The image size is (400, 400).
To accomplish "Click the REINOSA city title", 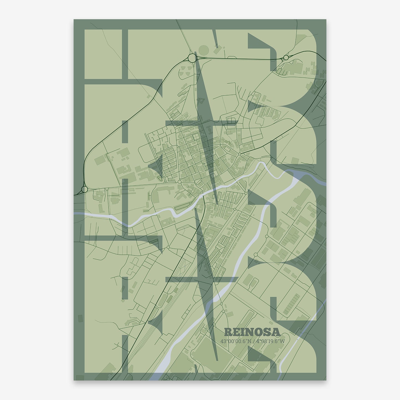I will point(252,332).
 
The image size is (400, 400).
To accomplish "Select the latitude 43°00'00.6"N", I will point(236,341).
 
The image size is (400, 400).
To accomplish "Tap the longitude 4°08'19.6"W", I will point(270,341).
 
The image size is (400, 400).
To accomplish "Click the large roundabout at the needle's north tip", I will point(192,58).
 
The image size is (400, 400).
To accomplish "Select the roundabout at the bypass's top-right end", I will point(286,58).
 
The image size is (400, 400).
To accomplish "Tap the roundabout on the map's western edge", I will point(84,189).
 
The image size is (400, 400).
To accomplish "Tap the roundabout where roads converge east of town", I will point(239,154).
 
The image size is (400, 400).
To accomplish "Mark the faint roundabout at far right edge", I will point(319,83).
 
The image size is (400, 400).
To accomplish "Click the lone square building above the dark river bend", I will point(295,161).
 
